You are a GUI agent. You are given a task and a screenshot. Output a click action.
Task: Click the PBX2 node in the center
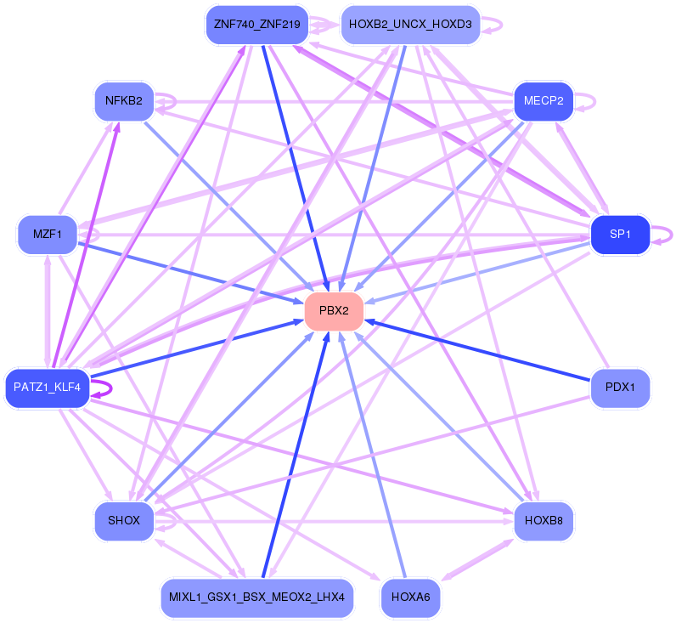tap(334, 311)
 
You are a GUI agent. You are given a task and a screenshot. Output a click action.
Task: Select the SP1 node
tap(621, 235)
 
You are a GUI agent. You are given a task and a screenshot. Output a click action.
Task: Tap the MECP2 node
tap(544, 101)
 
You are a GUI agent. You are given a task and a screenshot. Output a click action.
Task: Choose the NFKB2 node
tap(124, 101)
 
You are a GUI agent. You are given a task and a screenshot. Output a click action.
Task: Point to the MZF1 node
tap(48, 235)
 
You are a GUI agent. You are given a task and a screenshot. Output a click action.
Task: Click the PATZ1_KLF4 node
tap(48, 388)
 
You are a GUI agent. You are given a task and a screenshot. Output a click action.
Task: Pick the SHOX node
tap(124, 521)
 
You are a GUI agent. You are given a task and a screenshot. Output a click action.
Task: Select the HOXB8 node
tap(544, 521)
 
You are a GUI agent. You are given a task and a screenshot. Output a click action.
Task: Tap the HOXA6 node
tap(410, 598)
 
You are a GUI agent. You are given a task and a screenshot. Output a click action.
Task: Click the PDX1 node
tap(621, 388)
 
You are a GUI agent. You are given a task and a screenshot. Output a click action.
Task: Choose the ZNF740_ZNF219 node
tap(257, 25)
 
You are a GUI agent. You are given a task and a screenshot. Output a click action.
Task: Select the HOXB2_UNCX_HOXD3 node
tap(410, 25)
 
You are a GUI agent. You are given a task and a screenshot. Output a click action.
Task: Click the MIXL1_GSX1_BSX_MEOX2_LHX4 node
tap(257, 598)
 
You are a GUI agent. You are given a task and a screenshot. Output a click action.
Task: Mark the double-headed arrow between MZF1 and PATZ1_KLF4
tap(48, 311)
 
